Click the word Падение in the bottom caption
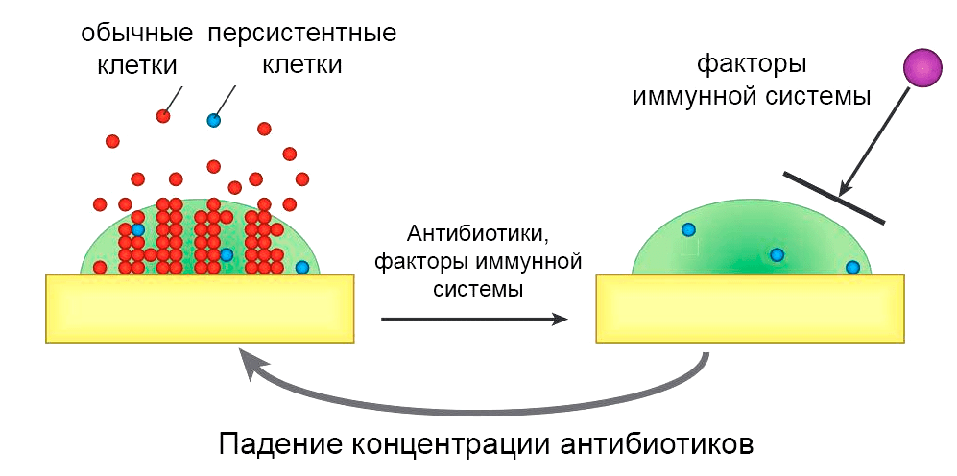pos(278,445)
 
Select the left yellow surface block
pos(199,308)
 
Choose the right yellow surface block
pos(750,308)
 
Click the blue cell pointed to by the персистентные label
pos(213,120)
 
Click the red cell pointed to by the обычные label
pos(163,116)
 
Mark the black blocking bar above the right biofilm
pos(833,197)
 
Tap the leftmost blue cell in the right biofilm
pos(688,229)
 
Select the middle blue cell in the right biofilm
pos(777,254)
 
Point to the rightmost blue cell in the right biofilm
pos(851,267)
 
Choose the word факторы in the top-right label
pos(751,65)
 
